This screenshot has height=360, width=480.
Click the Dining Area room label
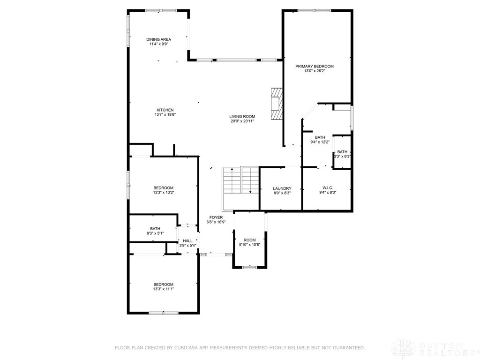[158, 39]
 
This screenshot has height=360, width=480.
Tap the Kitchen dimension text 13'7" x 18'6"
[165, 114]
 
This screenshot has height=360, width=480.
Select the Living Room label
[242, 116]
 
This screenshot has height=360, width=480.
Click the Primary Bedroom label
[314, 66]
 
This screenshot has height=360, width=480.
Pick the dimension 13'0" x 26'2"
[314, 71]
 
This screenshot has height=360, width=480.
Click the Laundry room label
[282, 188]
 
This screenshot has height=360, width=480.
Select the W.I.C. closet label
[327, 187]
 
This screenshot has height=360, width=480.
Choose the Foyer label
[216, 217]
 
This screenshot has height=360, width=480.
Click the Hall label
[187, 240]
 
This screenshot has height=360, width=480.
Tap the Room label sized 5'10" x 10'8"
[249, 240]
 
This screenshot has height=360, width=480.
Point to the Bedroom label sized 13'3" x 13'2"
[163, 188]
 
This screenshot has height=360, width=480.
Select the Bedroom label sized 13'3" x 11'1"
[163, 285]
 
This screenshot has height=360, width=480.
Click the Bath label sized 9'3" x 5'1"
[155, 228]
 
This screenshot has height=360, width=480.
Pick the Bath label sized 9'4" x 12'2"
[320, 137]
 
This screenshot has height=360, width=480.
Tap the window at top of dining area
[161, 10]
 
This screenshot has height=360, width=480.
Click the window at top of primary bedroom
[314, 10]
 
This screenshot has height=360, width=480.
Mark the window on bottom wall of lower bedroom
[163, 313]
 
